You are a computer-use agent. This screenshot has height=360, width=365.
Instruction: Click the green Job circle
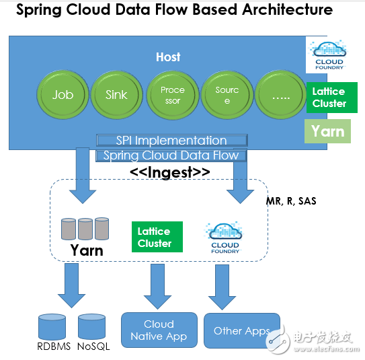pos(63,94)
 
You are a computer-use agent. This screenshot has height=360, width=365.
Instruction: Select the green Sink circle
pos(116,94)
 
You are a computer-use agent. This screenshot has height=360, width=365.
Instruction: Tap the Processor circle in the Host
pos(172,94)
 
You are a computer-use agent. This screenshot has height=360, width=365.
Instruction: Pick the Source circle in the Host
pos(227,94)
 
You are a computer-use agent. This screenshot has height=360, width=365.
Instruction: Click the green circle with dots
pos(282,94)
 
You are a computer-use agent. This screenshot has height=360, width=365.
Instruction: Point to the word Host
pos(168,57)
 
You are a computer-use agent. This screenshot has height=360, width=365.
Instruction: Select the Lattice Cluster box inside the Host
pos(329,98)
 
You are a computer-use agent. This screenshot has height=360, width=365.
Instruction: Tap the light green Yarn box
pos(327,131)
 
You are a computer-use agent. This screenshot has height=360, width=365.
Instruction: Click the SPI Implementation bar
pos(171,141)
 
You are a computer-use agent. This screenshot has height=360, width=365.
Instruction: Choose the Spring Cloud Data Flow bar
pos(171,155)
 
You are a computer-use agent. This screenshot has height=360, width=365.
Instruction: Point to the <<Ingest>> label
pos(169,172)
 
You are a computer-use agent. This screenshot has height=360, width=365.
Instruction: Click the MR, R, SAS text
pos(290,201)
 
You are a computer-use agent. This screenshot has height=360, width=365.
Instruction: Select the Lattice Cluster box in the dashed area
pos(155,237)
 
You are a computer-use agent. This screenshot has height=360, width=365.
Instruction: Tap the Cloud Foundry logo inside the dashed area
pos(225,238)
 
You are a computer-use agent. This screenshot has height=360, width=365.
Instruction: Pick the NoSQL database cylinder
pos(92,327)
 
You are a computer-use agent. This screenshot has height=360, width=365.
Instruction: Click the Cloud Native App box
pos(159,330)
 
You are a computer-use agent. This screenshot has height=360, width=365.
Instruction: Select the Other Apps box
pos(241,330)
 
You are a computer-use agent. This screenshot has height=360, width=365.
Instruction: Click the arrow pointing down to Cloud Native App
pos(158,286)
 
